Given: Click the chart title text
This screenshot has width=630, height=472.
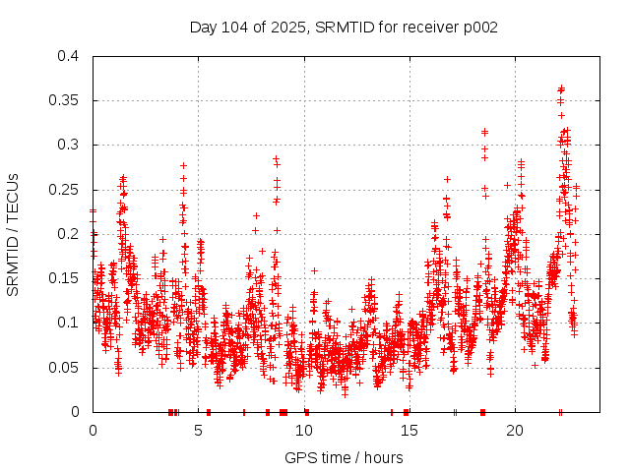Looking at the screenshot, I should click(344, 28).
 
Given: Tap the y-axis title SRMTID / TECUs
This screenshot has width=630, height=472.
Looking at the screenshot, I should click(14, 234).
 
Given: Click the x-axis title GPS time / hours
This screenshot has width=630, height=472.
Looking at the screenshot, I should click(344, 457).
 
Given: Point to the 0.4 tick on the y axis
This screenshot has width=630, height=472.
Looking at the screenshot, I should click(70, 56).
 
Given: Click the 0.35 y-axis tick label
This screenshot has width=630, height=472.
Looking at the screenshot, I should click(66, 100).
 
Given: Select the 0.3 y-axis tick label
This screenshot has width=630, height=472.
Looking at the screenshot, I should click(70, 145).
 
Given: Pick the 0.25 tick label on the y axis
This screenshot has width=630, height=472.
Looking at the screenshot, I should click(66, 190).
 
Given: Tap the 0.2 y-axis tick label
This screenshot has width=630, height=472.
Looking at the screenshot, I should click(70, 234).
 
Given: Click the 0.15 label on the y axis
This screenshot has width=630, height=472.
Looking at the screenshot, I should click(66, 278).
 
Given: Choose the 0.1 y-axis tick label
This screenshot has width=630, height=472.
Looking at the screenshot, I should click(70, 323).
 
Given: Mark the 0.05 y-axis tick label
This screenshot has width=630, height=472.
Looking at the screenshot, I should click(66, 368).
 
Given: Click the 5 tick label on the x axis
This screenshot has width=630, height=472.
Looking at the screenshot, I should click(198, 431).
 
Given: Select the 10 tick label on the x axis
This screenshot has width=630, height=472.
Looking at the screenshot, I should click(304, 431).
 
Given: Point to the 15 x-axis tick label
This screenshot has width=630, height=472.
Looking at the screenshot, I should click(409, 431).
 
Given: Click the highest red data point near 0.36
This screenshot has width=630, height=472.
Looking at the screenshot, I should click(561, 88).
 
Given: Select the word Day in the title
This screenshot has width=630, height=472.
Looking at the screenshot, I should click(203, 28).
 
